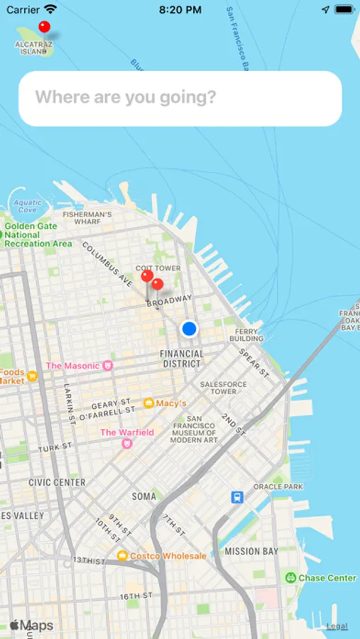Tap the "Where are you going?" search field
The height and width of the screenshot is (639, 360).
coord(180,98)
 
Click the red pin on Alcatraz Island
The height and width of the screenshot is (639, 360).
coord(44,27)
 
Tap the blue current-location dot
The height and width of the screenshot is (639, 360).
coord(189,329)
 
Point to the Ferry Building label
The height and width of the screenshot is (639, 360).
coord(249,334)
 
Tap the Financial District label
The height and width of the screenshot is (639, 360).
coord(182,359)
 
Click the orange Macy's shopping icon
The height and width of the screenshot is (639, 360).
coord(148,403)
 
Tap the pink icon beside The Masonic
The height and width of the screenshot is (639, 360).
coord(108,366)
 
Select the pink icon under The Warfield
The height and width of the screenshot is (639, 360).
coord(127,444)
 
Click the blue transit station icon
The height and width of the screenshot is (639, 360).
coord(237,498)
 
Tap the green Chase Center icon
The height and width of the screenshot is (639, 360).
coord(290,578)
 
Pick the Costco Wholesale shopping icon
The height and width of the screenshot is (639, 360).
coord(122,556)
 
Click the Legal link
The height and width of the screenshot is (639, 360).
coord(337,626)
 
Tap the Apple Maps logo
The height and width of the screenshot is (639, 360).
coord(31,626)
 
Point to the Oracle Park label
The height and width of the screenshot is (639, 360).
coord(278,487)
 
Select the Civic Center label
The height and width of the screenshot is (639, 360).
coord(57,482)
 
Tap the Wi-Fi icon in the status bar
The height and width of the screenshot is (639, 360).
coord(50,10)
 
